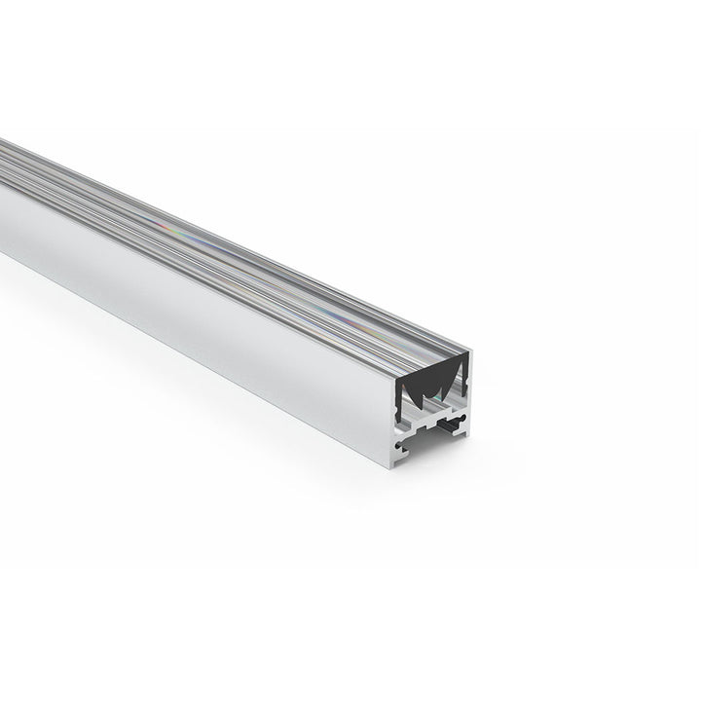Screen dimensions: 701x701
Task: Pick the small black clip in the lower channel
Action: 449,425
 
